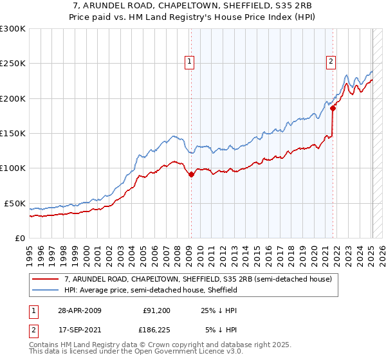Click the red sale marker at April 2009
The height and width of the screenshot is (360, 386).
tap(191, 174)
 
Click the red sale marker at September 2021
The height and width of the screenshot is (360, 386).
tap(333, 109)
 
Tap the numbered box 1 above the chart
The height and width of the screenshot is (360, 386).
tap(190, 62)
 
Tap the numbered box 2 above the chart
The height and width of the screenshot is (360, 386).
tap(331, 62)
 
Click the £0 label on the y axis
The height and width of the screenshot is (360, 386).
tap(19, 238)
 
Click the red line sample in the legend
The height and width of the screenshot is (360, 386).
tap(45, 280)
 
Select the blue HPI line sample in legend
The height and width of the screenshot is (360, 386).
tap(45, 291)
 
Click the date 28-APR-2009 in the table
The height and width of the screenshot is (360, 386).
tap(79, 310)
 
